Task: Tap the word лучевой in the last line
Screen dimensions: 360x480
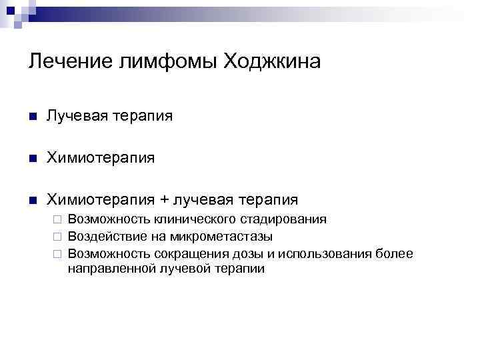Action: (x=181, y=269)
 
